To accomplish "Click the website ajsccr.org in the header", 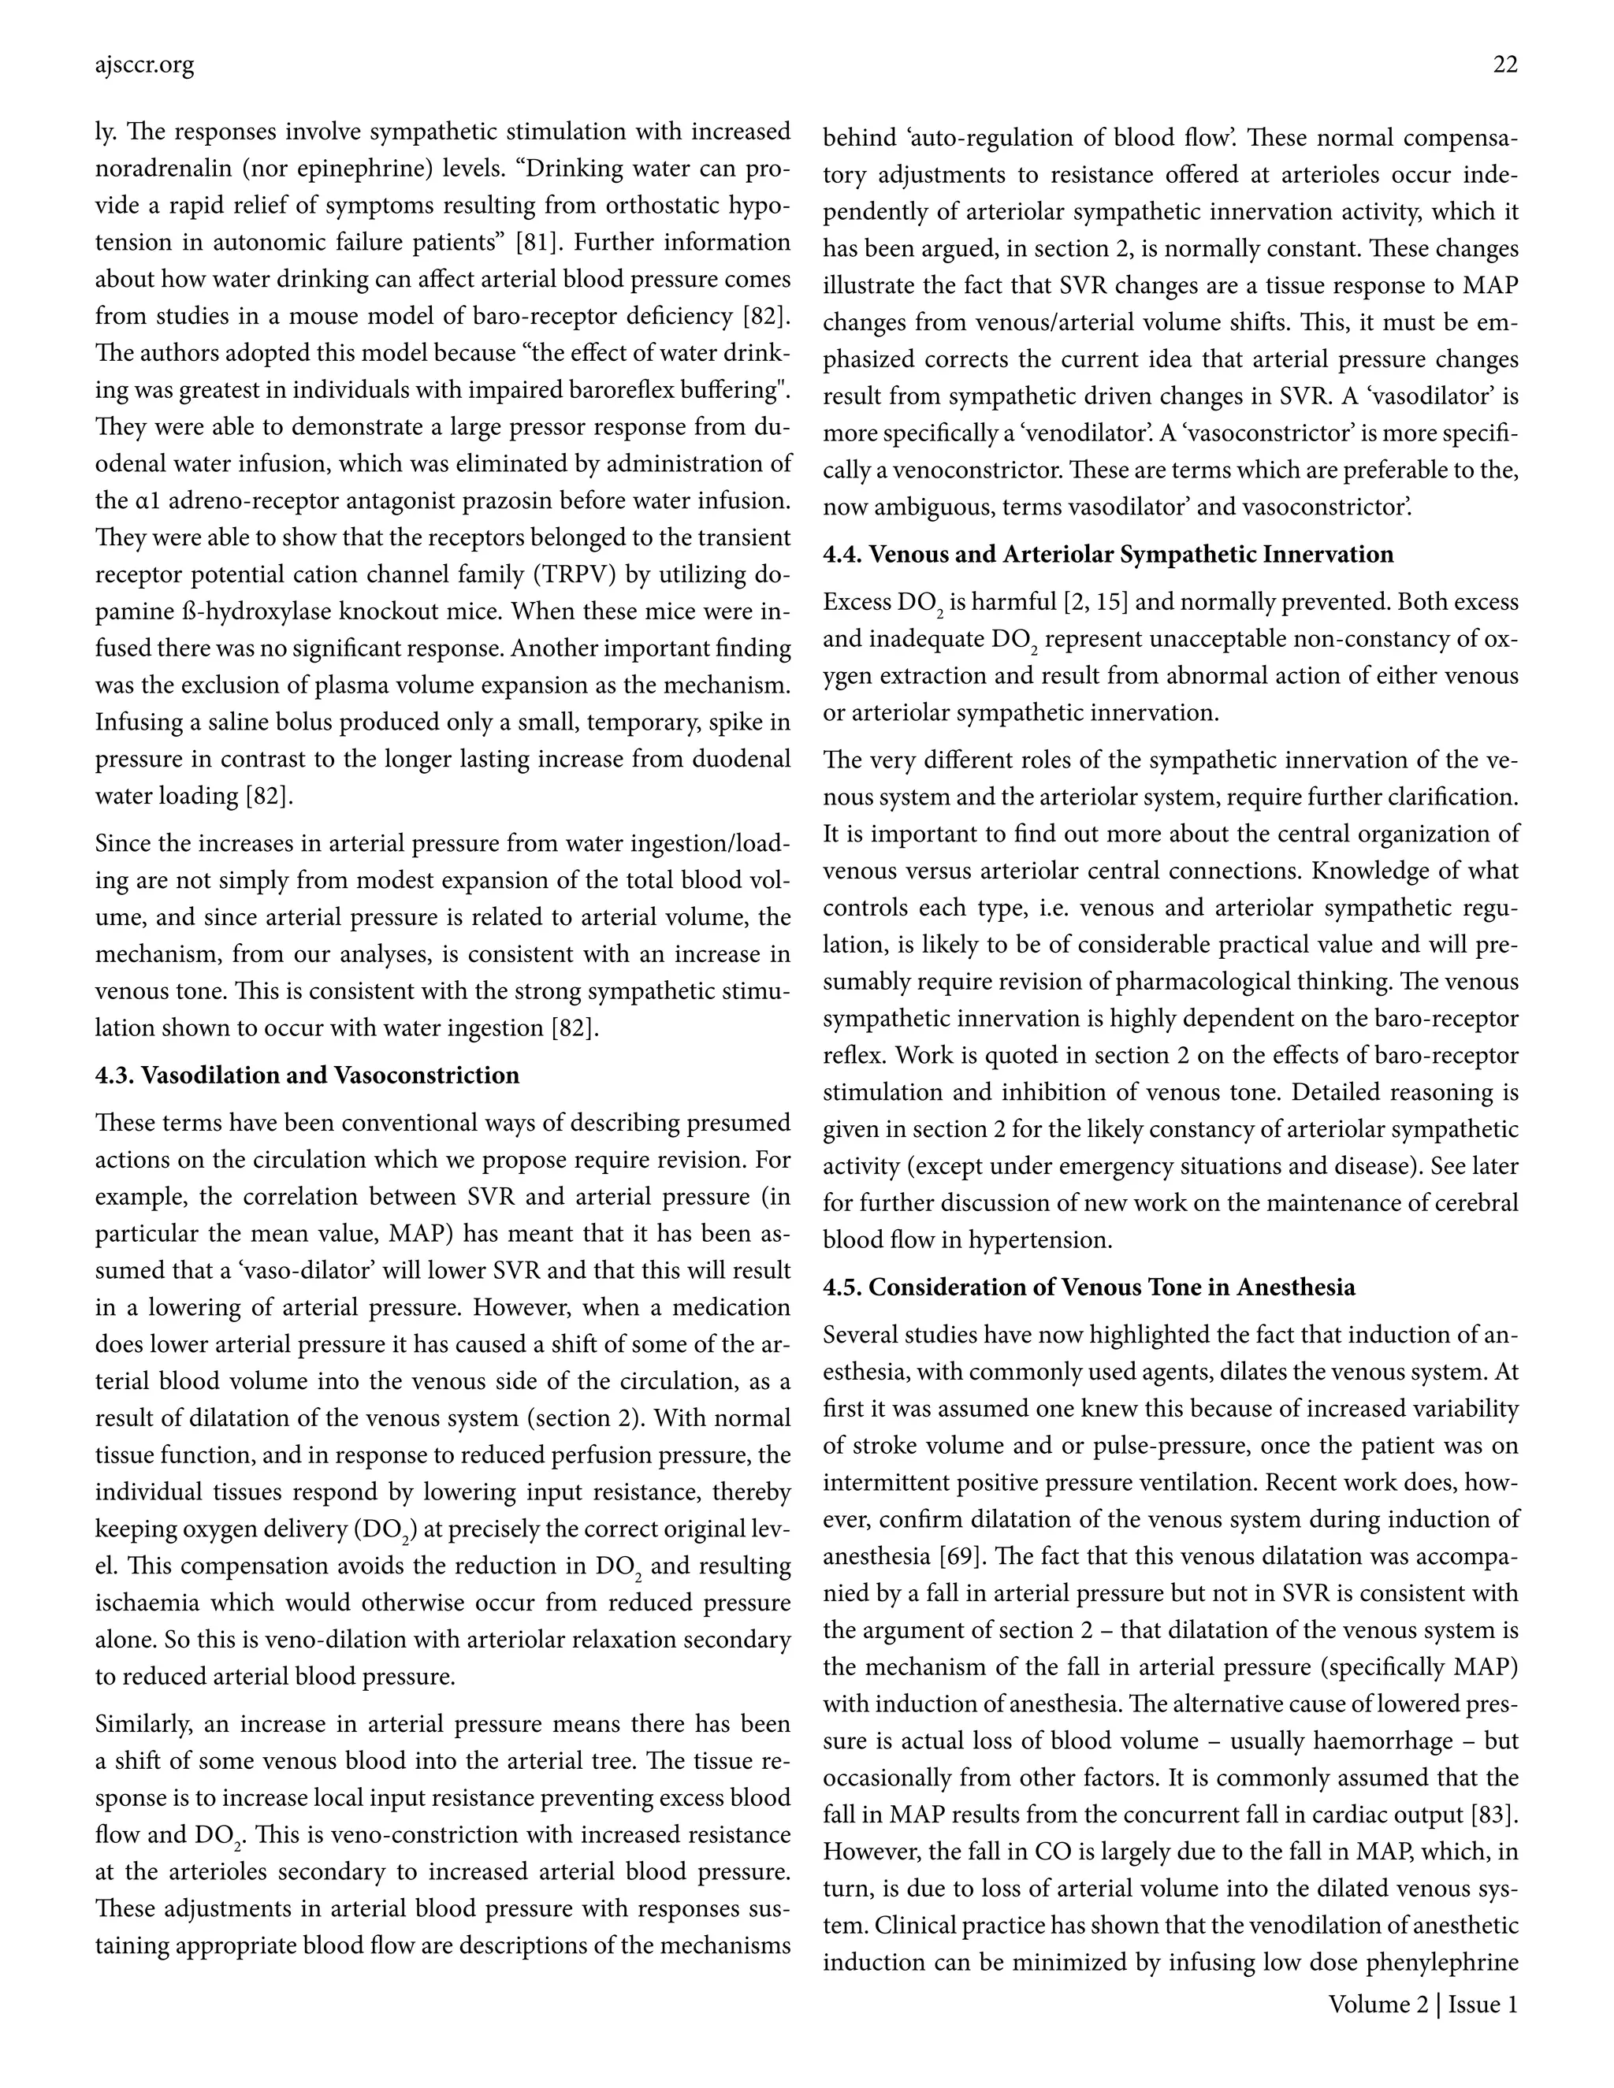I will pos(144,66).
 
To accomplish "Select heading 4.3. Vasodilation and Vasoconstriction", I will pos(307,1076).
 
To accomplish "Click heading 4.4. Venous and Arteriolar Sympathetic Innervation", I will pos(1108,555).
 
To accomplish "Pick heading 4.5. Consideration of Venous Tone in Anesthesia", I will pos(1089,1287).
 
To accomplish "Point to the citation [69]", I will pos(963,1556).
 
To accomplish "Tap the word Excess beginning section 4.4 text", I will pos(856,602).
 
